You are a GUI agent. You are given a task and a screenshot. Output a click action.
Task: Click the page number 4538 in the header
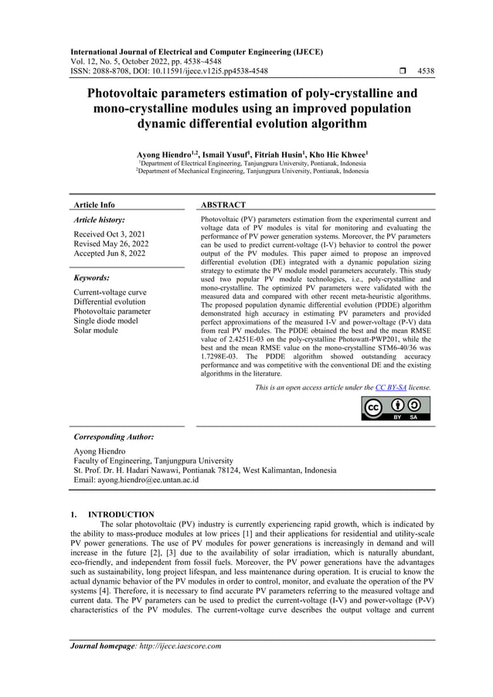pos(425,71)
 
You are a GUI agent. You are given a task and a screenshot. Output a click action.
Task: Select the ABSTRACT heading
pos(223,206)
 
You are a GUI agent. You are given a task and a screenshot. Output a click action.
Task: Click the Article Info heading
pos(93,206)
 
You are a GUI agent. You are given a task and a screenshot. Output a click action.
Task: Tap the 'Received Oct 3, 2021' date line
pos(110,233)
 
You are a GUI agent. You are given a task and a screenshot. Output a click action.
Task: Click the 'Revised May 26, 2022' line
pos(112,243)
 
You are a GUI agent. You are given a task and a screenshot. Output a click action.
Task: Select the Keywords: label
pos(91,277)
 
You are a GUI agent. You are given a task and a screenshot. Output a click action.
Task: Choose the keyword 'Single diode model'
pos(105,321)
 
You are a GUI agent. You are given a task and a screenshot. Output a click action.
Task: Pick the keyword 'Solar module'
pos(96,331)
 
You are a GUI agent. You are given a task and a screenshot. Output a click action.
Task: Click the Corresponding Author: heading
pos(113,437)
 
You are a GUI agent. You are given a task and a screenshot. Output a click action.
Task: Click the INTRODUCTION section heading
pos(121,514)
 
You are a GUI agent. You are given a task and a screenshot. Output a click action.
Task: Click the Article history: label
pos(99,220)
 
